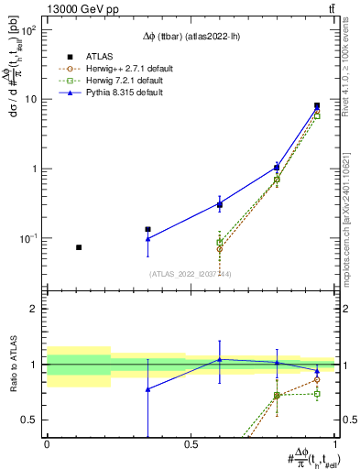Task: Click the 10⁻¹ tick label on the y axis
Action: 29,238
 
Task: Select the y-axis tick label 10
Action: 33,99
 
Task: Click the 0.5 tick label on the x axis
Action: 191,443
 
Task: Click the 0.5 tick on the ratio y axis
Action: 32,420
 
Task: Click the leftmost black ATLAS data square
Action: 79,247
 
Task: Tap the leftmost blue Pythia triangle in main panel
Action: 147,239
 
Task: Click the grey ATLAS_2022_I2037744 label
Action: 190,273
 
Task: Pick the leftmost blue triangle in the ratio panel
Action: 147,389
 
